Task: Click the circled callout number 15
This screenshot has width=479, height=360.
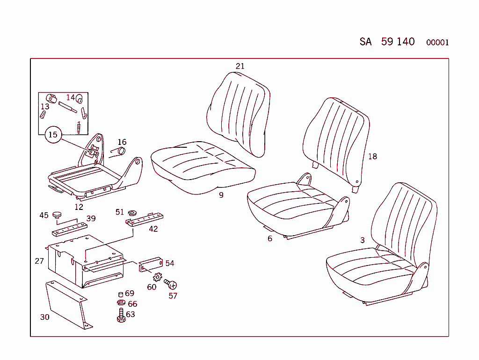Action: pos(53,135)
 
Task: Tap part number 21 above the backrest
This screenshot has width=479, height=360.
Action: pos(240,66)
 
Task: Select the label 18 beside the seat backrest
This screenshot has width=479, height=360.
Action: pos(372,156)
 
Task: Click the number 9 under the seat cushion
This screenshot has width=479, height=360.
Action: pos(221,195)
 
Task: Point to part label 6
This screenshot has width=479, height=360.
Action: pos(270,238)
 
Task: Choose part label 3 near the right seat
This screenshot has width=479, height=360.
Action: pos(363,240)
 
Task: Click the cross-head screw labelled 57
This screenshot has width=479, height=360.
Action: pos(172,284)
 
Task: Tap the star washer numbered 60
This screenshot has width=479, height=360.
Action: pos(157,277)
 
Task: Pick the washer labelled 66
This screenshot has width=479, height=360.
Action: pos(120,303)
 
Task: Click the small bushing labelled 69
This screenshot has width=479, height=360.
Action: pos(120,295)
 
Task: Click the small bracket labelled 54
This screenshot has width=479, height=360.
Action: pos(151,264)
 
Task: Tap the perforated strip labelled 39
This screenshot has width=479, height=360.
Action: pos(69,229)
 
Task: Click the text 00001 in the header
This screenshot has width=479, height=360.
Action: pos(437,43)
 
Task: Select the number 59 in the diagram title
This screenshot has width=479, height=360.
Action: pos(387,41)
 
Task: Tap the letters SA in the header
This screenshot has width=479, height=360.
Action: pos(365,42)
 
